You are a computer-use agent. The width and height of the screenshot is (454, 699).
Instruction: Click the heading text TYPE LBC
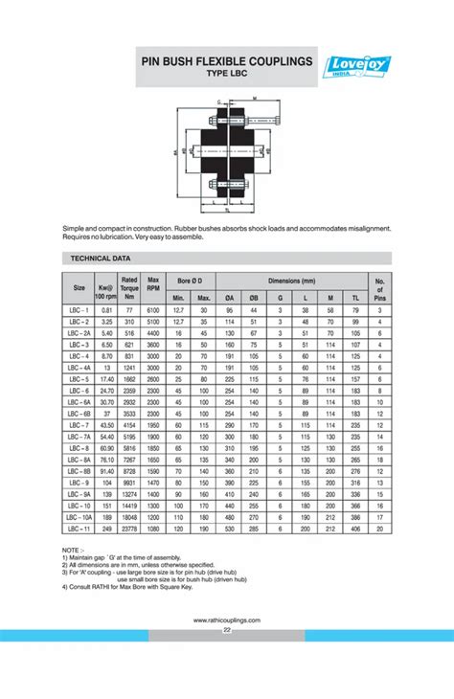pos(227,74)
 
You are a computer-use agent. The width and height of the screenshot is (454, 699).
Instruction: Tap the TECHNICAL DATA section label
pos(101,259)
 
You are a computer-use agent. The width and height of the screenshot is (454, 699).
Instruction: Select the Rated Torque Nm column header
pos(129,285)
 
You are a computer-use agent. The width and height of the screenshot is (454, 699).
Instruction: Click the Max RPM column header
pos(153,285)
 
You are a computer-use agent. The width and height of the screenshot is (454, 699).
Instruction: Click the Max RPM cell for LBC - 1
pos(153,310)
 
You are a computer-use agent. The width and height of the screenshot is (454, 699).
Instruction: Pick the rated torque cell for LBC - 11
pos(129,529)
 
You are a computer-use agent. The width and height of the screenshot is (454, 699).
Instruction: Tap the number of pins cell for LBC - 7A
pos(379,436)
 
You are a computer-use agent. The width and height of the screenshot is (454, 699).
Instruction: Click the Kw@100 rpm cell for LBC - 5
pos(106,378)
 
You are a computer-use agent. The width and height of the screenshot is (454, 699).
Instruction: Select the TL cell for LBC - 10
pos(354,506)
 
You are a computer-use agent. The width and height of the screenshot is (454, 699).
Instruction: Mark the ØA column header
pos(229,297)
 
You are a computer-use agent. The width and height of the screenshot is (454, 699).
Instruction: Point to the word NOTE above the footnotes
pos(73,551)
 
